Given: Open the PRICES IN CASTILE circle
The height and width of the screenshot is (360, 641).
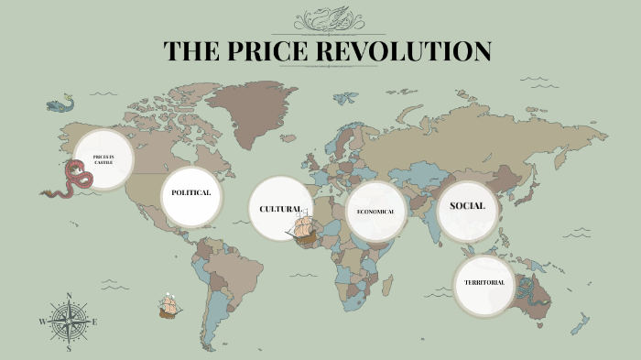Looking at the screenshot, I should tap(103, 159).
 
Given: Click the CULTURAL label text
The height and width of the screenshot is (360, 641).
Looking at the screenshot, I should tap(279, 210).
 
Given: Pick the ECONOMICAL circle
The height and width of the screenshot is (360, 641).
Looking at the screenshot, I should tap(375, 212).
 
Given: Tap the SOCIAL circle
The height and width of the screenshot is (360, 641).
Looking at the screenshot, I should tap(467, 206).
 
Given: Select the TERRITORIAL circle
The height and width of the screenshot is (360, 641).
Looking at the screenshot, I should tap(484, 282).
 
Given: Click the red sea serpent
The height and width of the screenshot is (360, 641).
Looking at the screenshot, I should tap(73, 180).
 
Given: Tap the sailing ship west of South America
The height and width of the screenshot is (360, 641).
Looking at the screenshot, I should tap(168, 306).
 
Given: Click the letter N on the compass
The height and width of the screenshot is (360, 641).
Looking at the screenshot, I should tap(70, 296).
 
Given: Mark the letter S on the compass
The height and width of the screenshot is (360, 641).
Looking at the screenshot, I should tap(70, 348).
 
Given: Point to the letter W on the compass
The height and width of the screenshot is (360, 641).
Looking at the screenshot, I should tap(42, 322).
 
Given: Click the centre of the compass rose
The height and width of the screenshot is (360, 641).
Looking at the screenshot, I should tap(70, 322).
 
